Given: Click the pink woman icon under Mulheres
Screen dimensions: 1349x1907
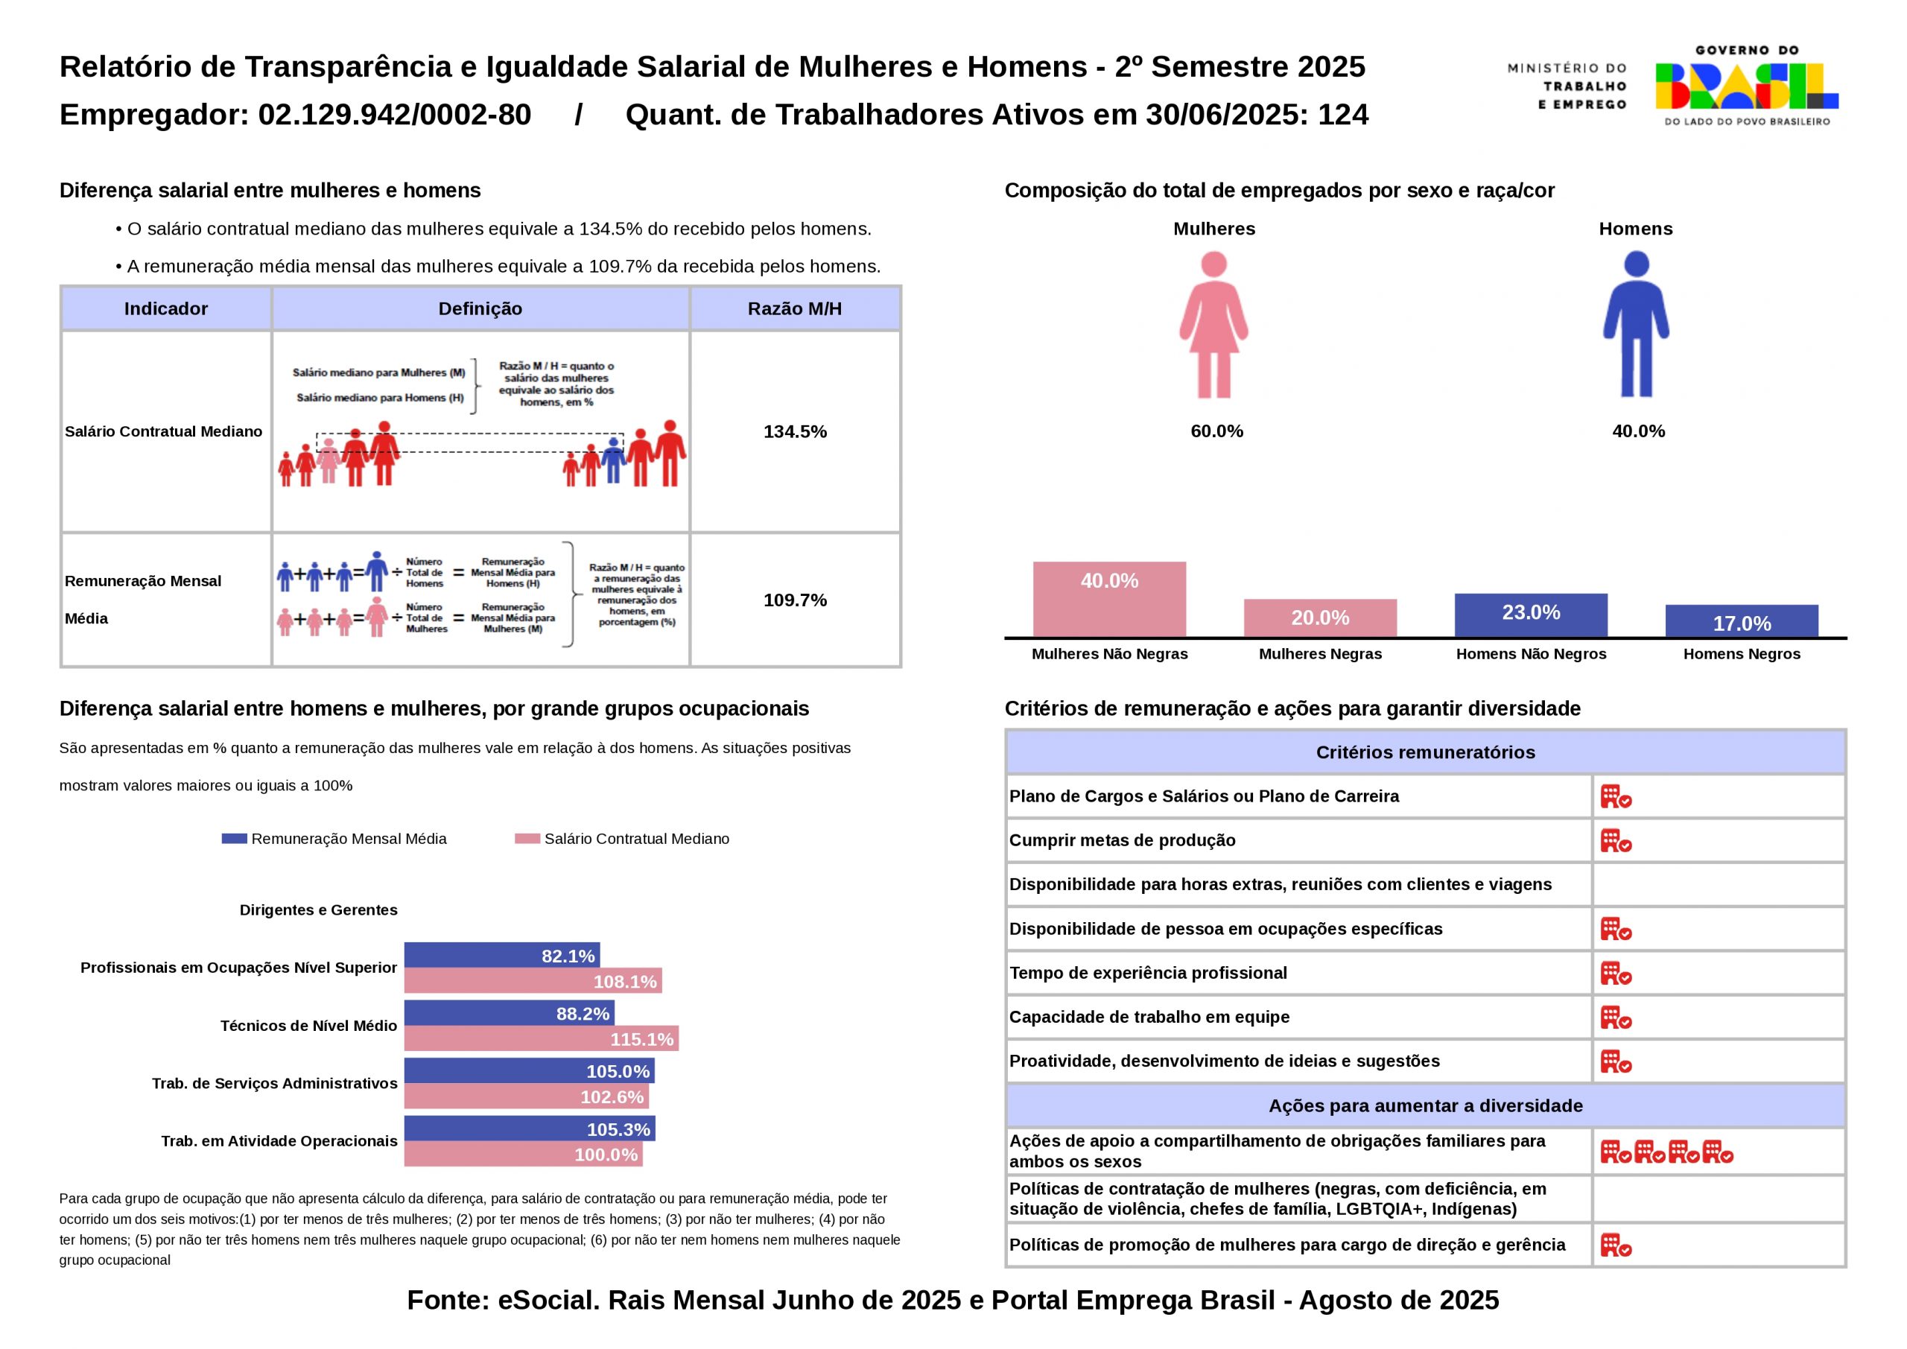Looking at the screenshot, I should [x=1213, y=325].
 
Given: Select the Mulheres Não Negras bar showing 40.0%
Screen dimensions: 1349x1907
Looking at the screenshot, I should [x=1109, y=599].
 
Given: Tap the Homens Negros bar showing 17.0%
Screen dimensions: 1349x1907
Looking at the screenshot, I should [x=1742, y=620].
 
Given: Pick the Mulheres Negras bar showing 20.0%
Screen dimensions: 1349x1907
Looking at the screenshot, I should [x=1320, y=618].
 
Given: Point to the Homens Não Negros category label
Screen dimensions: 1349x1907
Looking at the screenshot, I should [x=1531, y=654].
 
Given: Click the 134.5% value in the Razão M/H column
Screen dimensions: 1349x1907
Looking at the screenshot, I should [x=795, y=431].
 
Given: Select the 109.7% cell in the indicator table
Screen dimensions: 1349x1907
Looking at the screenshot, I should [x=795, y=600].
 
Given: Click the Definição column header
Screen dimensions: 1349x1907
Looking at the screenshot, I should [x=480, y=309].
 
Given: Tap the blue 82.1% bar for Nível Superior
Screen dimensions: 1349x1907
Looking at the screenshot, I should [x=501, y=955].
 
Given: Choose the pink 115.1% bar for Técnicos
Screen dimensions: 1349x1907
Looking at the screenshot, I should [x=541, y=1038].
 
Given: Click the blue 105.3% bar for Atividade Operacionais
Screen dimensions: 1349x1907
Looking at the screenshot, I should [x=529, y=1129].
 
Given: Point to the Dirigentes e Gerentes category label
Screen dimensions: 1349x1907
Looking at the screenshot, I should [x=318, y=910].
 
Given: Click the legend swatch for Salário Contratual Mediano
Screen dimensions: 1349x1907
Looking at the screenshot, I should [x=527, y=839].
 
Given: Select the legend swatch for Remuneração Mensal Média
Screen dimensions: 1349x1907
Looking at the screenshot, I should [x=234, y=839].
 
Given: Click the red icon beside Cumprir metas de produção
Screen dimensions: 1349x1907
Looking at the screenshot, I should [x=1616, y=841].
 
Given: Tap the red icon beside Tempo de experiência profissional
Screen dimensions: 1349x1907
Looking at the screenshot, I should [x=1616, y=973].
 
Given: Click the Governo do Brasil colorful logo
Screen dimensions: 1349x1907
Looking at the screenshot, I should [x=1746, y=86].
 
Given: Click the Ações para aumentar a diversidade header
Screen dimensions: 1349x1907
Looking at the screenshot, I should [x=1425, y=1105].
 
